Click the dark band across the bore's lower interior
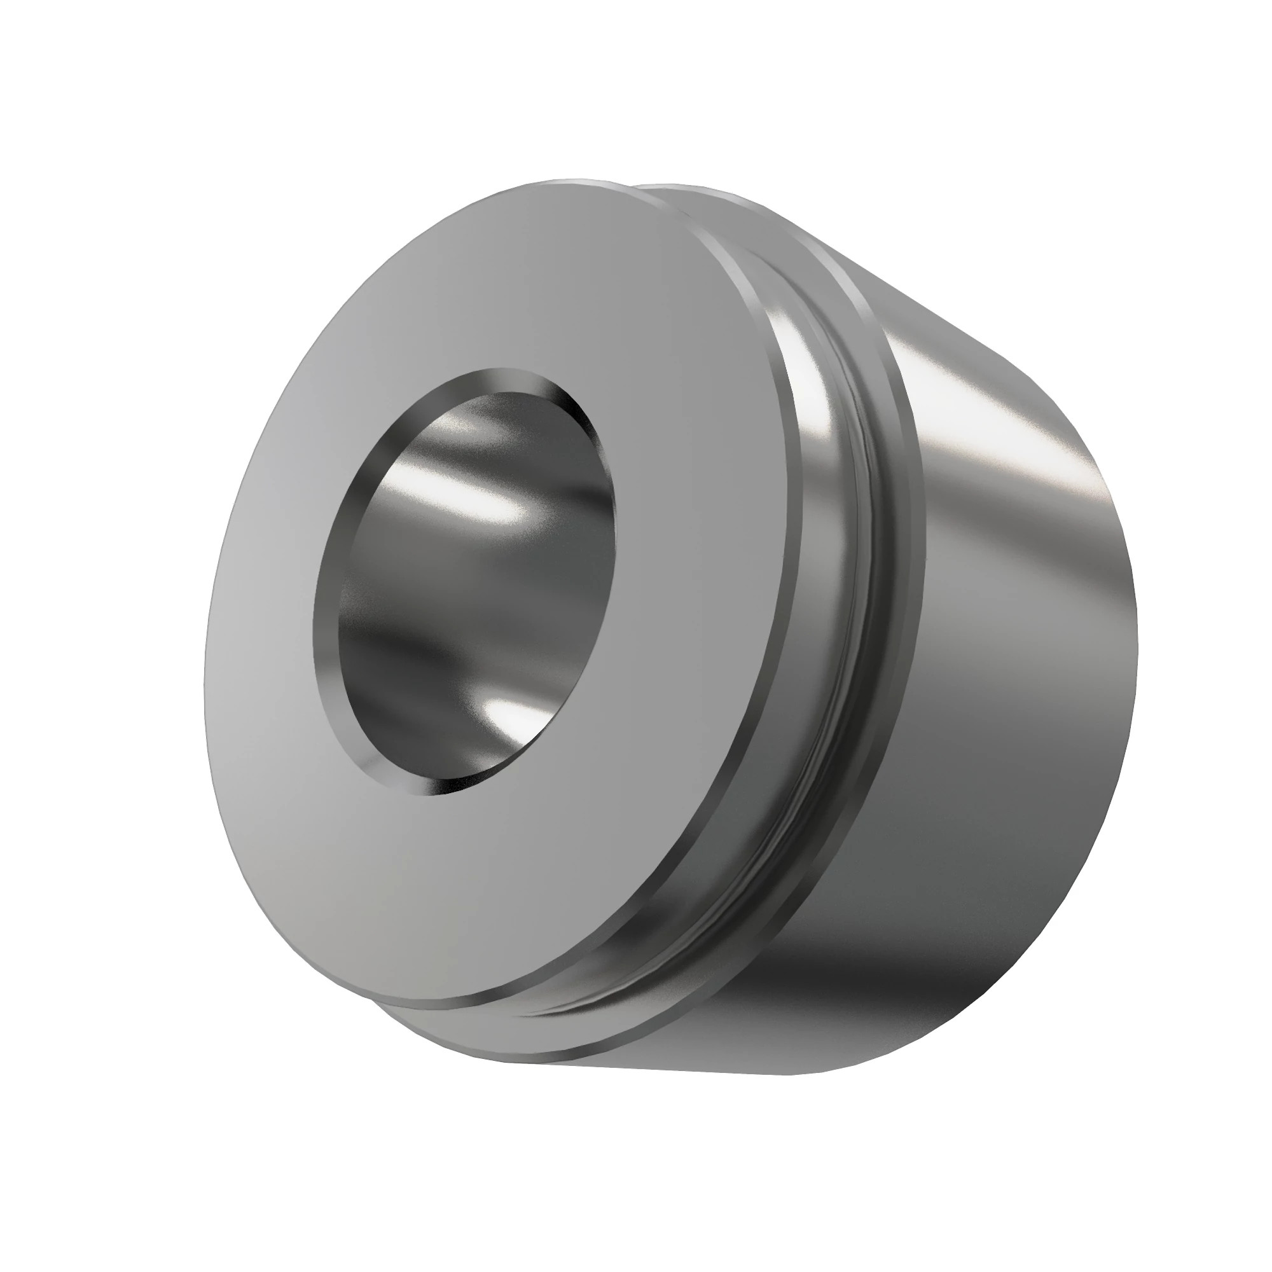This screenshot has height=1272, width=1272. pos(461,658)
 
